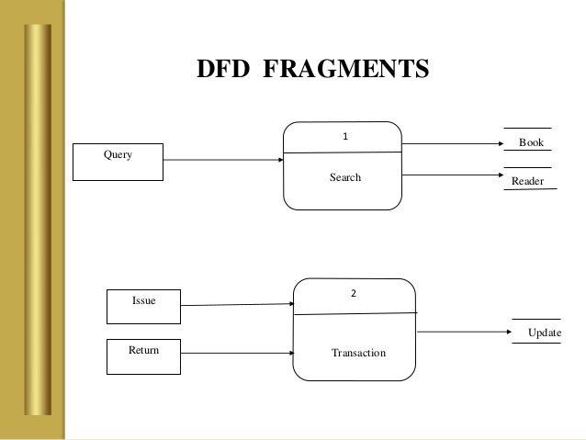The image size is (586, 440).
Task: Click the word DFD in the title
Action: click(x=226, y=70)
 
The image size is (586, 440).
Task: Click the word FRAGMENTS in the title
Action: click(x=346, y=70)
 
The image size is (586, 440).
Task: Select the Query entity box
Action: click(x=118, y=162)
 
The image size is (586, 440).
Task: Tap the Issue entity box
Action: click(x=144, y=307)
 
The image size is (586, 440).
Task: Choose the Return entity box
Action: click(x=144, y=356)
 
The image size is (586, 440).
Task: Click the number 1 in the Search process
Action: click(x=345, y=136)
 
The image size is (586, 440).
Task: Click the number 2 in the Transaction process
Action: click(x=353, y=294)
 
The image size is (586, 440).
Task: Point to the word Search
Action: click(x=345, y=177)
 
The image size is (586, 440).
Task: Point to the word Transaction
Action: click(x=358, y=353)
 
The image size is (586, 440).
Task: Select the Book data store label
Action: click(x=531, y=143)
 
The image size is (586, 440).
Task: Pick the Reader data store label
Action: click(x=527, y=182)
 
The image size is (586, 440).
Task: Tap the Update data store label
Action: click(x=544, y=332)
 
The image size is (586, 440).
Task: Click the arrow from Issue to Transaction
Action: click(x=237, y=304)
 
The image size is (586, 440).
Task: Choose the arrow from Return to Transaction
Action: click(x=237, y=351)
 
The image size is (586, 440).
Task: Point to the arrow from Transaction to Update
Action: click(x=465, y=332)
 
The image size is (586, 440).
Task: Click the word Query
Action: click(x=118, y=155)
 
